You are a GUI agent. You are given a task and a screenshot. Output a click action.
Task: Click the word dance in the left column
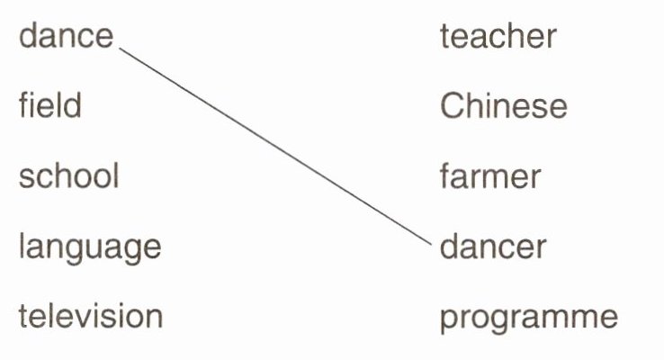click(67, 37)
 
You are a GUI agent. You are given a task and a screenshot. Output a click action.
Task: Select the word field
click(49, 106)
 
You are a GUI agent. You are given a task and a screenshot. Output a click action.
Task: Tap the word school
click(68, 175)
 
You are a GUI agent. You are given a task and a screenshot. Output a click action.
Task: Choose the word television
click(90, 316)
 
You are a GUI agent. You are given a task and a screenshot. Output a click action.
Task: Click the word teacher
click(498, 37)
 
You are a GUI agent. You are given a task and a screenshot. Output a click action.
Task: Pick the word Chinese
click(503, 106)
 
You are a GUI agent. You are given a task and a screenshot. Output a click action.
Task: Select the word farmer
click(489, 175)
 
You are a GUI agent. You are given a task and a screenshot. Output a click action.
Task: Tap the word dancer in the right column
click(492, 246)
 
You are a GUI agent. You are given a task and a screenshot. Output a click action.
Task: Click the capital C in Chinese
click(452, 106)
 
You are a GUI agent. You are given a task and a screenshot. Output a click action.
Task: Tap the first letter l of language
click(22, 245)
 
